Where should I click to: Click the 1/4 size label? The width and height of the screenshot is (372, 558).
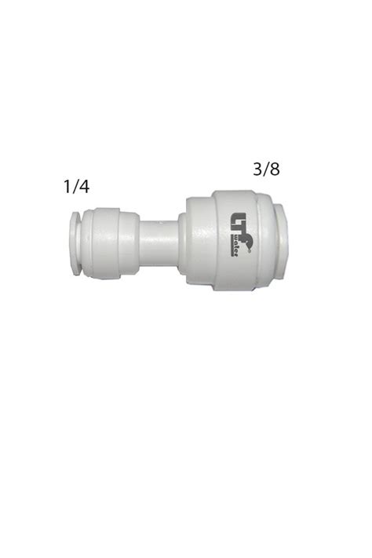click(x=77, y=187)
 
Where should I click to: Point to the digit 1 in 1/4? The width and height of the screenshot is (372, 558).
click(x=67, y=187)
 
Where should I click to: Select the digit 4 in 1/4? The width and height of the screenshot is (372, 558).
click(x=86, y=187)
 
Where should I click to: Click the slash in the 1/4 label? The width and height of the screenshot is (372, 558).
click(x=76, y=187)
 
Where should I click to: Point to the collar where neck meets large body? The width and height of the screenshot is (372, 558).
click(x=182, y=242)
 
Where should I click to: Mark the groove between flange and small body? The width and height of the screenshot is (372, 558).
click(x=80, y=243)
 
